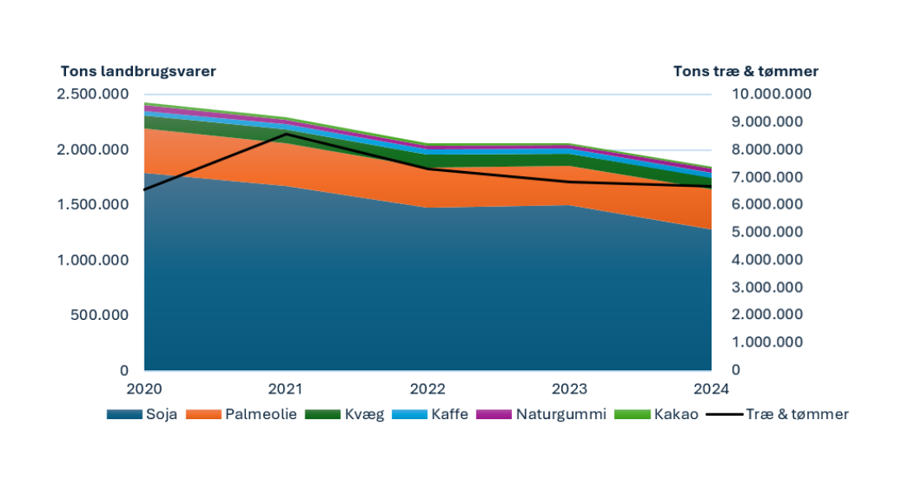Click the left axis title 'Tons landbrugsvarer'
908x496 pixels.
pyautogui.click(x=138, y=71)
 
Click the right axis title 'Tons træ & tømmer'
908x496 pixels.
pyautogui.click(x=745, y=71)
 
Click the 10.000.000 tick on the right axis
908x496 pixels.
pyautogui.click(x=773, y=94)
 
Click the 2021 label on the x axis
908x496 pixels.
pyautogui.click(x=286, y=388)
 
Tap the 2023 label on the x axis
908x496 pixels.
pyautogui.click(x=570, y=388)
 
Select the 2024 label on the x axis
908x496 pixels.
pyautogui.click(x=711, y=388)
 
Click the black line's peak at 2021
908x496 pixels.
pyautogui.click(x=286, y=134)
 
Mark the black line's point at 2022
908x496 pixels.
pyautogui.click(x=428, y=169)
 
